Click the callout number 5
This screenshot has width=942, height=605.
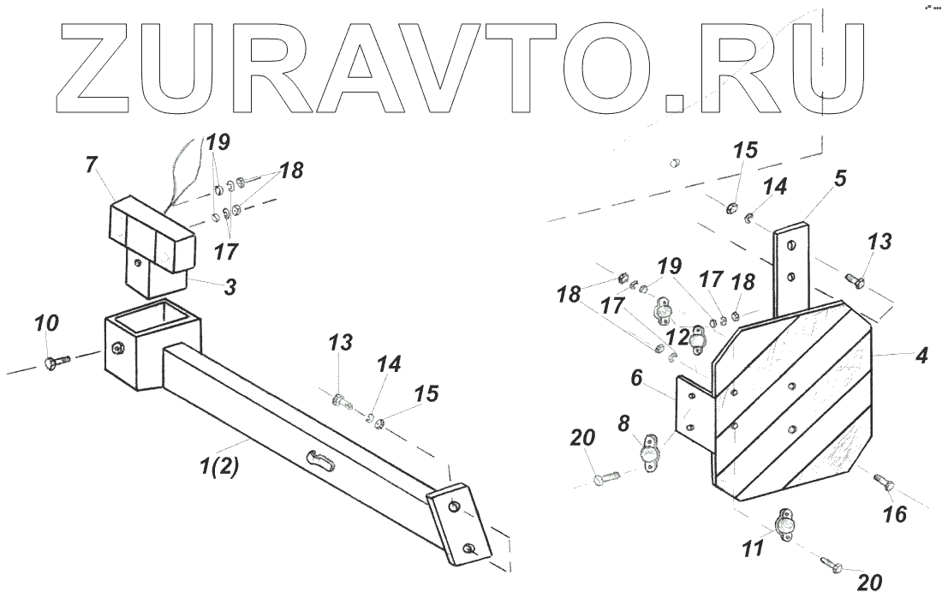point(840,180)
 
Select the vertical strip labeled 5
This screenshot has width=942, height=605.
point(792,266)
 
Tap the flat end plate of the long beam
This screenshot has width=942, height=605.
point(462,526)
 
